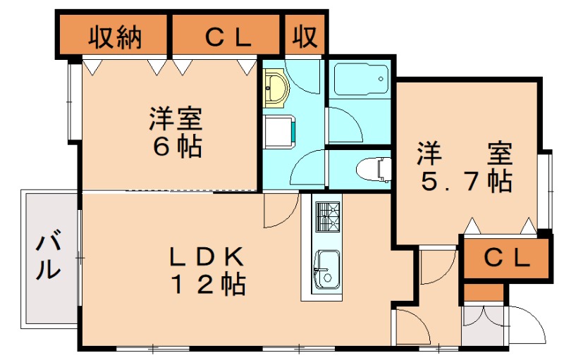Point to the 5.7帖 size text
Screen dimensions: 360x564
point(465,182)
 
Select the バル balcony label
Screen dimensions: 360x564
point(47,257)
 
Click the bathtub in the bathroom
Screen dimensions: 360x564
point(360,79)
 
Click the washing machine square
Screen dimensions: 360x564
point(281,131)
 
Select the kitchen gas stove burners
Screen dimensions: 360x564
point(327,216)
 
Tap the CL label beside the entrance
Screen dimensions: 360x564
point(505,259)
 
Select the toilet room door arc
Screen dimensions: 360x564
point(309,169)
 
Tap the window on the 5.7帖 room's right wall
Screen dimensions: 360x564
point(544,190)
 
